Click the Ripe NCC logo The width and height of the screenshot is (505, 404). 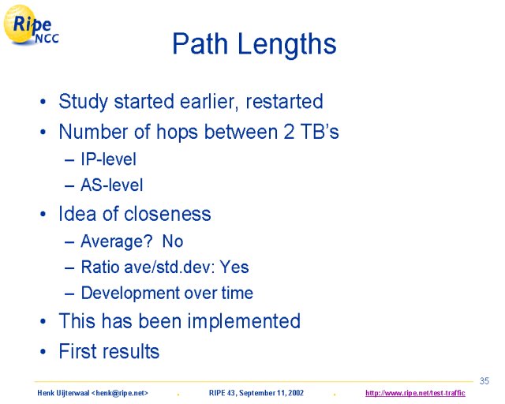(x=31, y=24)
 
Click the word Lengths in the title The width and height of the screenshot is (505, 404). (x=287, y=44)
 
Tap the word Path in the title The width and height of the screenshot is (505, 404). (x=200, y=43)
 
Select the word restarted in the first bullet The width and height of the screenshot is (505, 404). (x=284, y=101)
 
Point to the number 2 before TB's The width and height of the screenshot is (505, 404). (x=289, y=132)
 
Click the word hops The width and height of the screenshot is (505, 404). (x=177, y=133)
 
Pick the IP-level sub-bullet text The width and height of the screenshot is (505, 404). (x=109, y=159)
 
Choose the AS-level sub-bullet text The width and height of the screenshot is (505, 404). (x=112, y=185)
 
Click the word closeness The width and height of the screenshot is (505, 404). (x=167, y=214)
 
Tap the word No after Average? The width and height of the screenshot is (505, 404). (x=173, y=241)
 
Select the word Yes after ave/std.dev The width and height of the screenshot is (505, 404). (x=234, y=267)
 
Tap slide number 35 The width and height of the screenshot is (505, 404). (x=484, y=381)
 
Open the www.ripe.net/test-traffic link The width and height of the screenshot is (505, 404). (x=415, y=393)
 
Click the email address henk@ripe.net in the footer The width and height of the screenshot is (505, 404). (x=120, y=393)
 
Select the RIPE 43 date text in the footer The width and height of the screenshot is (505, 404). (x=256, y=393)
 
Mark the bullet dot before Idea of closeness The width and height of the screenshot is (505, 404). (x=43, y=215)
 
